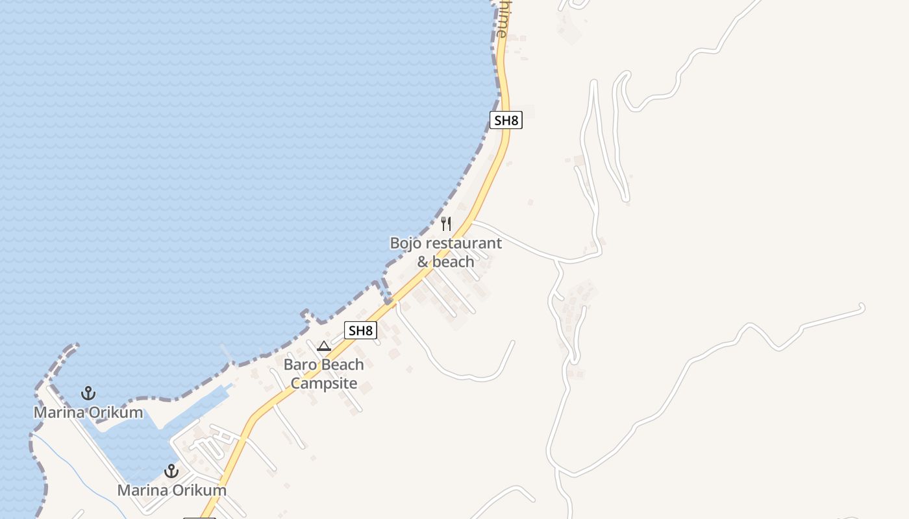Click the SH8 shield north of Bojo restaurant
(506, 120)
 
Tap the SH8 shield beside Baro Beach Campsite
(360, 330)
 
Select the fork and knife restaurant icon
(446, 224)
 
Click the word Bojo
(405, 243)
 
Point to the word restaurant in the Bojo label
(462, 243)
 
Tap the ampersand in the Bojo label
(423, 262)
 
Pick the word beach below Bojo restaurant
(453, 262)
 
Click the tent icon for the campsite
(324, 346)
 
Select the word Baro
(301, 365)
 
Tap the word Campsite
(324, 383)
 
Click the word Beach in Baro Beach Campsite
(343, 365)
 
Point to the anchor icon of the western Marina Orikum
(88, 393)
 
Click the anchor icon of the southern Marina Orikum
(171, 471)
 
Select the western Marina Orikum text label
(88, 413)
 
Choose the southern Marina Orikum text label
(172, 490)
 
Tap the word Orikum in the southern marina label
(199, 490)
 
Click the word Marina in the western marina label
(58, 413)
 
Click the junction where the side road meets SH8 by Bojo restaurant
(473, 221)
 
